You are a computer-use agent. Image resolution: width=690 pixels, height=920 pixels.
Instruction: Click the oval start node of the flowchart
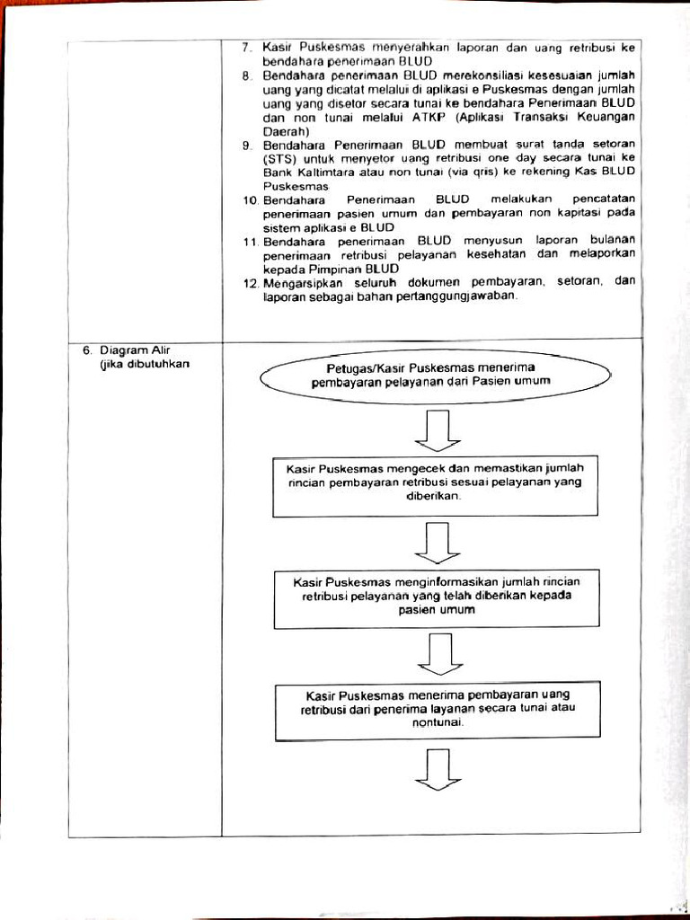coord(430,375)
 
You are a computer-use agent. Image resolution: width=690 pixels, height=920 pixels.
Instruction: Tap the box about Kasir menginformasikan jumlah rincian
coord(437,596)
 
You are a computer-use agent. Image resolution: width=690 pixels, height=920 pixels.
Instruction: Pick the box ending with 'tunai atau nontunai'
coord(438,709)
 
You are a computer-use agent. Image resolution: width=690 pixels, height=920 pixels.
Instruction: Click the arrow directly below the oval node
coord(438,429)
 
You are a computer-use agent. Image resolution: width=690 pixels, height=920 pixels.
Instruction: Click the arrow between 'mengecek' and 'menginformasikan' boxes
coord(438,543)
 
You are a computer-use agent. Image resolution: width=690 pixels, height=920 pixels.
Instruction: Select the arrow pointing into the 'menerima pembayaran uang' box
coord(439,653)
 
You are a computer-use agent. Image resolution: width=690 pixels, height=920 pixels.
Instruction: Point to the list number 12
coord(251,282)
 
